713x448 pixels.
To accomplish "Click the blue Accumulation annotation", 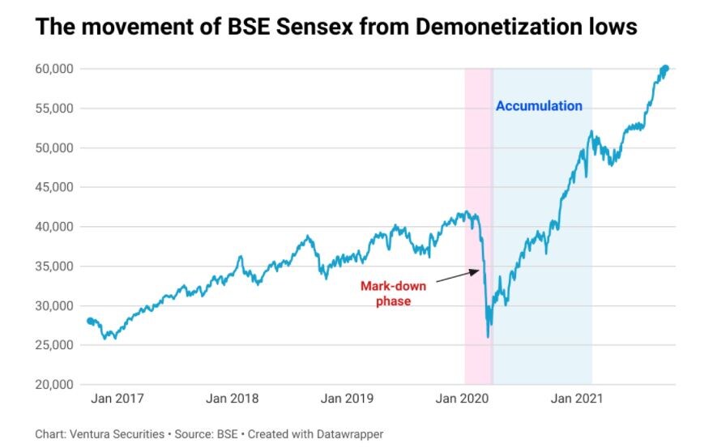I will pyautogui.click(x=539, y=106).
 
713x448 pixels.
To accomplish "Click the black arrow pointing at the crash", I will pyautogui.click(x=458, y=277).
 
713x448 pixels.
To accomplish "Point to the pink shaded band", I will pyautogui.click(x=476, y=162).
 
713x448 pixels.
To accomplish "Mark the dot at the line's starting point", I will pyautogui.click(x=90, y=321).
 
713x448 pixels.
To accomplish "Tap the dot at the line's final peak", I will pyautogui.click(x=665, y=68).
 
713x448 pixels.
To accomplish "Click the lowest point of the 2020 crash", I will pyautogui.click(x=488, y=336).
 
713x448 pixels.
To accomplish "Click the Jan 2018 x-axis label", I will pyautogui.click(x=233, y=399).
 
